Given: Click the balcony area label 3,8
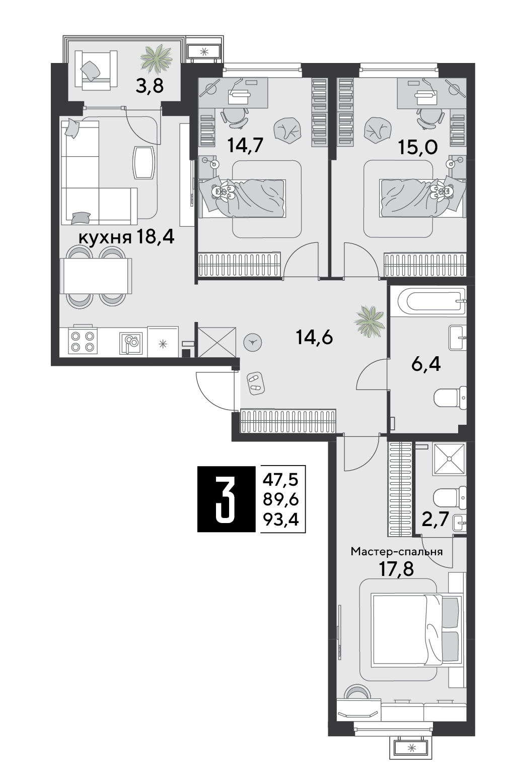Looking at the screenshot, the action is point(149,86).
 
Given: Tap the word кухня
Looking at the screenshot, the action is point(105,238).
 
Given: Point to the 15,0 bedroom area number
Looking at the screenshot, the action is point(418,148).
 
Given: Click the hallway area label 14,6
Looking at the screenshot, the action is point(314,337).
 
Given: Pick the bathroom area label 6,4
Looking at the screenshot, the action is point(426,364).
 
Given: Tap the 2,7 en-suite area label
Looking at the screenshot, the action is point(436,519).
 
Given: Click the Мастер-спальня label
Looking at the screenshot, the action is point(396,552).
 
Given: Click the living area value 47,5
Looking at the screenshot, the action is point(281,480).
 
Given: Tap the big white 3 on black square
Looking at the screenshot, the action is point(226,499).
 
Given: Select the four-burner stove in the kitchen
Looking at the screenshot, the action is point(83,341).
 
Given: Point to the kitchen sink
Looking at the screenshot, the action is point(131,343).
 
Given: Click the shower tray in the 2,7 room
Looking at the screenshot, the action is point(449,459).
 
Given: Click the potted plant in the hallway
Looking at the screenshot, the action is point(370,321).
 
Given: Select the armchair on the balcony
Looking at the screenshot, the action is point(96,70).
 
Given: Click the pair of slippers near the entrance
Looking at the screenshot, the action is point(256,383).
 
